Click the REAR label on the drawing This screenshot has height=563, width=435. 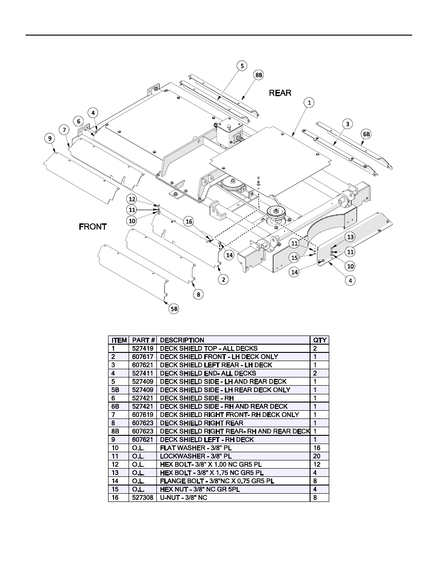pos(280,93)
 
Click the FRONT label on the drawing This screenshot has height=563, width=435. pos(93,227)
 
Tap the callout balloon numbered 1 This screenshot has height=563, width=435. pos(309,103)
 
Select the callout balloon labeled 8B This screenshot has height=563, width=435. pos(259,75)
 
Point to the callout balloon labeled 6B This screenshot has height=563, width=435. pos(366,134)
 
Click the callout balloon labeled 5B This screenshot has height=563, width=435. pos(174,309)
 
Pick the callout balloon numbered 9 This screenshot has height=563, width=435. pos(50,139)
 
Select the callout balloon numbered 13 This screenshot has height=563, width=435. pos(350,237)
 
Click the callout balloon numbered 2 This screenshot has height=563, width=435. pos(223,279)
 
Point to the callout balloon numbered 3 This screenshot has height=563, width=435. pos(347,124)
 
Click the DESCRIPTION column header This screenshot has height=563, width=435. pos(182,340)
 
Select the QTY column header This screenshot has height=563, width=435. pos(320,340)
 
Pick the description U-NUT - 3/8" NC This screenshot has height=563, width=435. pos(183,497)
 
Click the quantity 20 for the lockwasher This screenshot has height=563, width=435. pos(317,456)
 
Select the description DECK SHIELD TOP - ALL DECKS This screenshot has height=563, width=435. pos(208,348)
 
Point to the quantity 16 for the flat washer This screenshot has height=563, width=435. pos(317,448)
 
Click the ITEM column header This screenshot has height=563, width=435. pos(119,340)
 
